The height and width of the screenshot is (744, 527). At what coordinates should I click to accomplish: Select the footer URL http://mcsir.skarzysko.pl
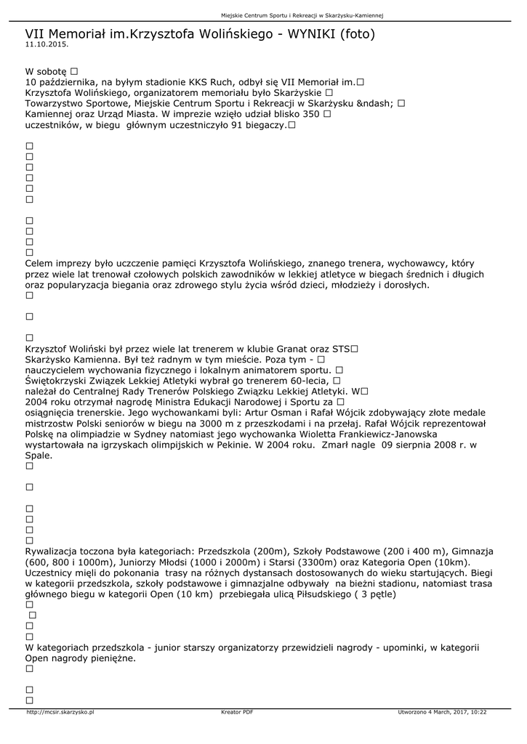tap(60, 712)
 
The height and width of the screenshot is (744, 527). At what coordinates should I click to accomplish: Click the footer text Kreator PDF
tap(237, 712)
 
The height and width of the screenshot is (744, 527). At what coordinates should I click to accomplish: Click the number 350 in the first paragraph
tap(310, 114)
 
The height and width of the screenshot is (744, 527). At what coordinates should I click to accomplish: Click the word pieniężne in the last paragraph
tap(111, 658)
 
